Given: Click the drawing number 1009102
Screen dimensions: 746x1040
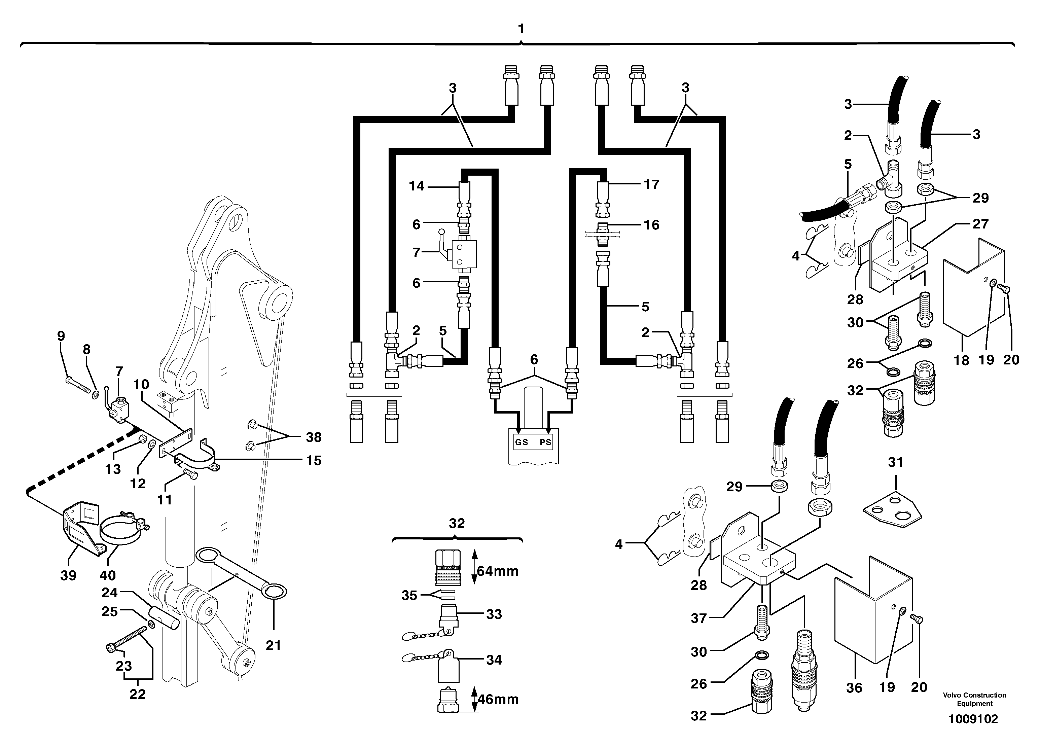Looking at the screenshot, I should pyautogui.click(x=973, y=719).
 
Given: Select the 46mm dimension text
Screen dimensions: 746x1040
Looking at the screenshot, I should pyautogui.click(x=498, y=699).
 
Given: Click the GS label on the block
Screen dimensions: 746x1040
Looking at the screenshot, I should pyautogui.click(x=522, y=442).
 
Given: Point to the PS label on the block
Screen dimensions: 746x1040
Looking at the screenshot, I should pyautogui.click(x=545, y=442).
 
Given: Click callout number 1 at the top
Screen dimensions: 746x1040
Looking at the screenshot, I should pyautogui.click(x=521, y=29).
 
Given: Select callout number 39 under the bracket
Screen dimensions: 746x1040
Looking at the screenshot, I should pyautogui.click(x=68, y=575).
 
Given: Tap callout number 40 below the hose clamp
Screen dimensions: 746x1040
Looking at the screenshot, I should pyautogui.click(x=108, y=575).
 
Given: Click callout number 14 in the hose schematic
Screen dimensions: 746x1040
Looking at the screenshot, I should pyautogui.click(x=417, y=186).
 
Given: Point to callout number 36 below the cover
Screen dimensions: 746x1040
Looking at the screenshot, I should pyautogui.click(x=854, y=688).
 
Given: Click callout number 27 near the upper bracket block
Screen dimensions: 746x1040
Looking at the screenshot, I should pyautogui.click(x=980, y=224).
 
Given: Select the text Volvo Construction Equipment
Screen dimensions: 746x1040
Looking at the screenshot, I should pyautogui.click(x=974, y=699).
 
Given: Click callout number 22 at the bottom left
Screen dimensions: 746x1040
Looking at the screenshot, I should pyautogui.click(x=137, y=694).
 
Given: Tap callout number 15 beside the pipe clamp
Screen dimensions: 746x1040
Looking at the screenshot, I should pyautogui.click(x=314, y=460).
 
